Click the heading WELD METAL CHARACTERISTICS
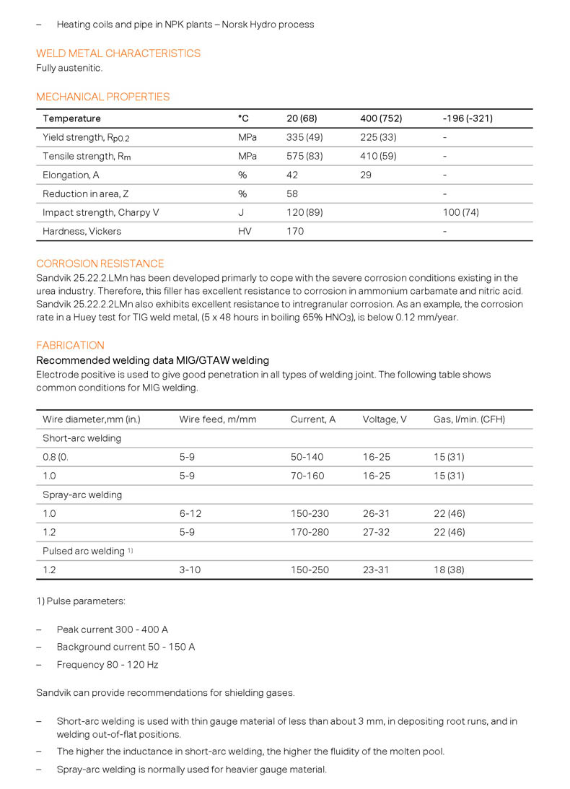(x=118, y=53)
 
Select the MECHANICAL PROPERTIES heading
(x=103, y=97)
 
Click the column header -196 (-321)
(x=468, y=118)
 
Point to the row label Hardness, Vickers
(x=82, y=231)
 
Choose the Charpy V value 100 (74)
(x=461, y=212)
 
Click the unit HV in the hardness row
(x=245, y=231)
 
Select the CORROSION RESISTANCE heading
(x=100, y=263)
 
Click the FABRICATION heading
(x=71, y=345)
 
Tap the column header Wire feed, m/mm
(x=218, y=419)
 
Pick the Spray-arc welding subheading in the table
(x=82, y=494)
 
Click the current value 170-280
(x=310, y=532)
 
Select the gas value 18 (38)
(x=449, y=570)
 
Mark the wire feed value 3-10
(x=190, y=570)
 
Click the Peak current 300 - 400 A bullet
(x=113, y=629)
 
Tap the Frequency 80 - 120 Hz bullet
(x=108, y=664)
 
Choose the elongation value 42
(x=293, y=175)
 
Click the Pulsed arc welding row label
(x=84, y=551)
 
